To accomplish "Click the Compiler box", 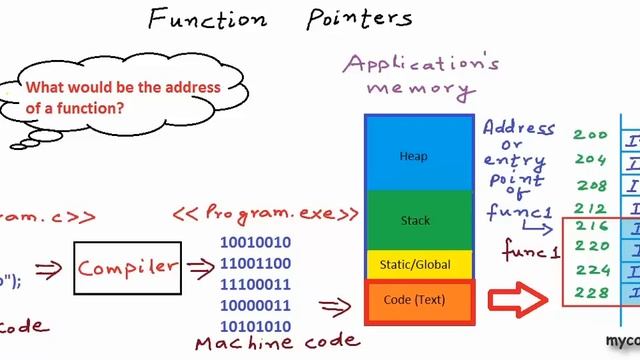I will (127, 268).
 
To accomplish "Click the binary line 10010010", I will (255, 242).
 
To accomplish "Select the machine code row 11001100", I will (255, 264).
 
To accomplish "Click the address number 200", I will (589, 136).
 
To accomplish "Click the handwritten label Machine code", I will (277, 343).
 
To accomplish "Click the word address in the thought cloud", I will (195, 87).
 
